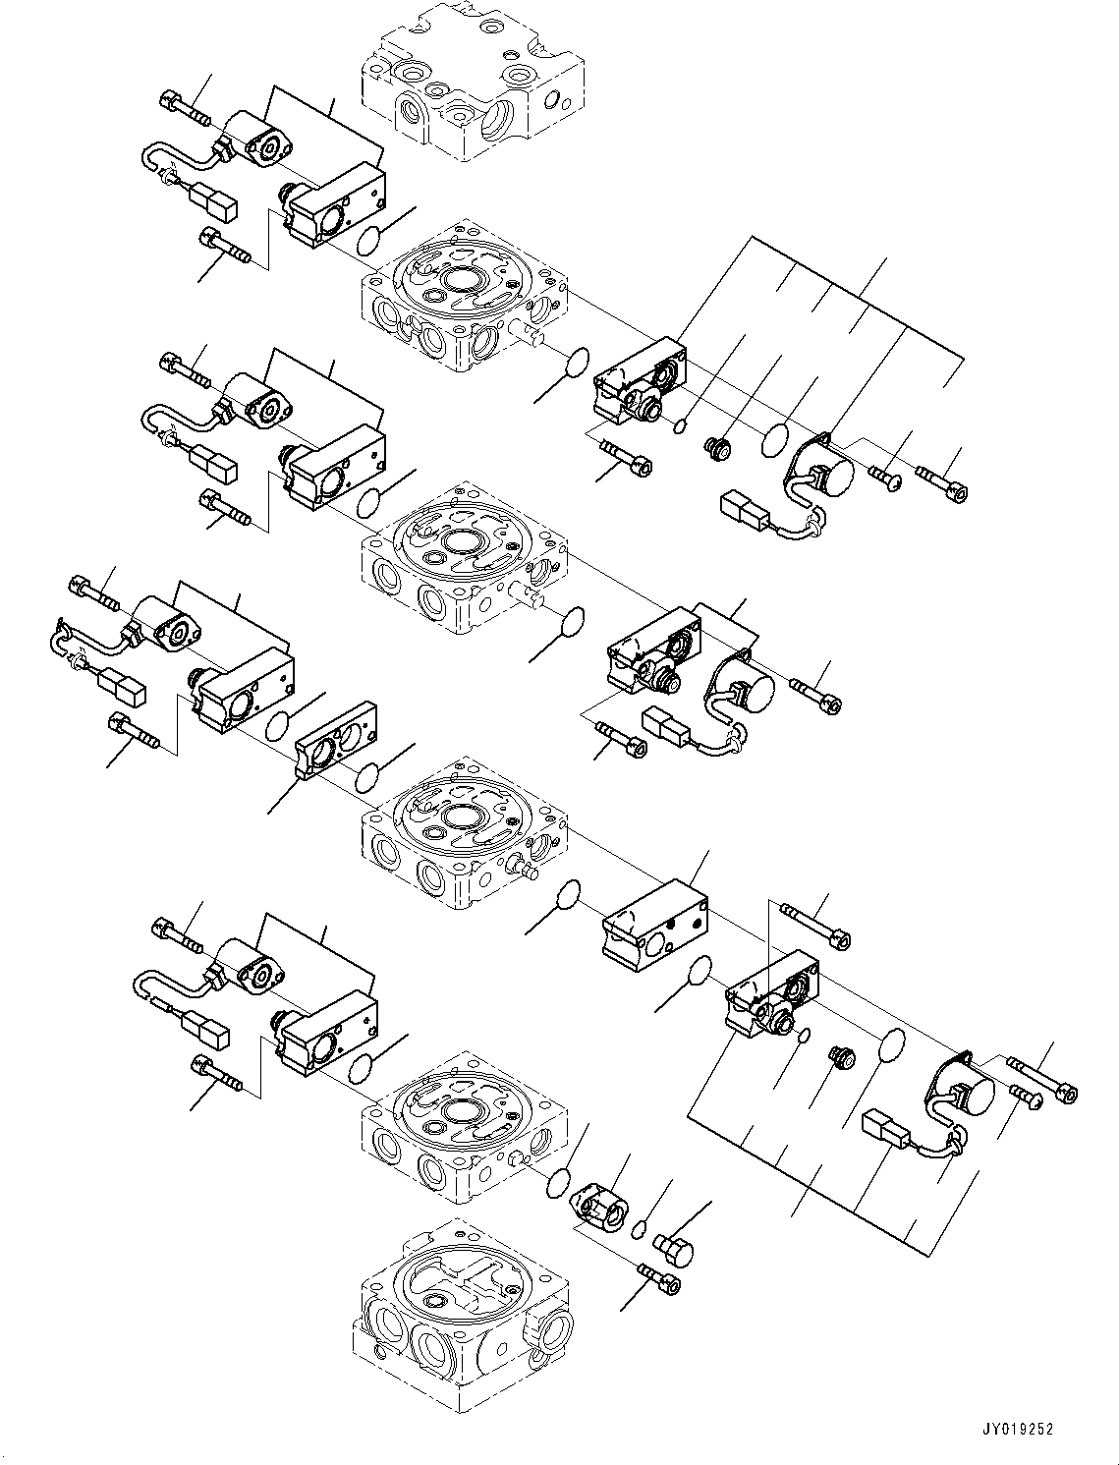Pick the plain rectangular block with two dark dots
[x=655, y=928]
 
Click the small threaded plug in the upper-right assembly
[x=720, y=449]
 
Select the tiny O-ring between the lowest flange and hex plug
[x=638, y=1228]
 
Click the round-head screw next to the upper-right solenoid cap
[x=885, y=478]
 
